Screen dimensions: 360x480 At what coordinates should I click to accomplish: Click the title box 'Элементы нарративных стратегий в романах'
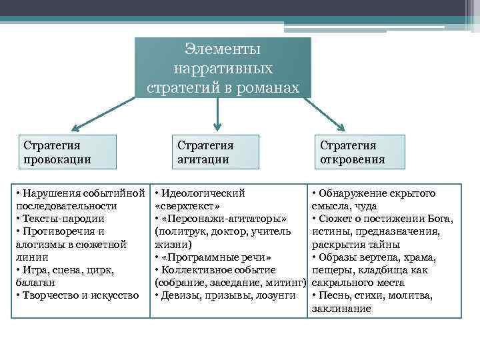pyautogui.click(x=223, y=68)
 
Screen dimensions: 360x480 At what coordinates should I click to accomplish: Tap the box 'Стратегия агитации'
pyautogui.click(x=217, y=153)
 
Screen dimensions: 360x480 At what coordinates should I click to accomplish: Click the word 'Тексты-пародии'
pyautogui.click(x=60, y=219)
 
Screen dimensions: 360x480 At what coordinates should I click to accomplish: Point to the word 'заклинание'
pyautogui.click(x=341, y=308)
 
